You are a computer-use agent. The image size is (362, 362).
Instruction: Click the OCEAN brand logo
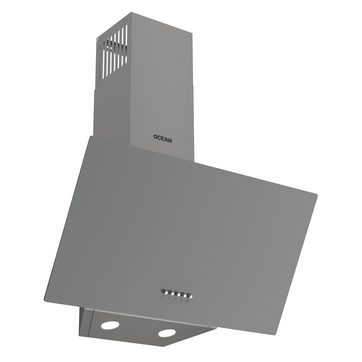[163, 138]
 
